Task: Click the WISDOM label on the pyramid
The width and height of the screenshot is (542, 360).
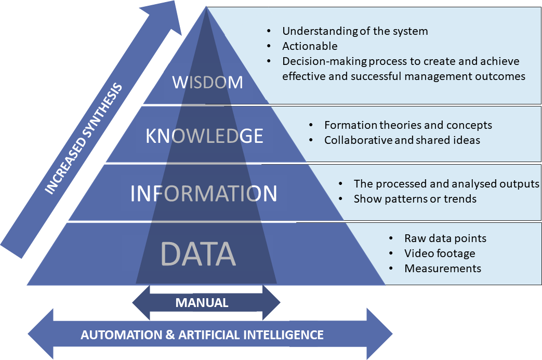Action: coord(207,82)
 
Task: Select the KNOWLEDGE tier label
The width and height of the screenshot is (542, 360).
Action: coord(204,136)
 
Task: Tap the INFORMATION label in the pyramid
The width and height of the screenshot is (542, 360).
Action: coord(204,193)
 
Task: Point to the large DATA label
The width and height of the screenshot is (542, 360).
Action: coord(198,254)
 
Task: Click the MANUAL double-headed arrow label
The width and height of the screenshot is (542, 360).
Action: coord(202,303)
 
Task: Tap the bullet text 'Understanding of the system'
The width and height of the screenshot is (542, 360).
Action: coord(355,31)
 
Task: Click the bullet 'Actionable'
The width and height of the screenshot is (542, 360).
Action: coord(310,46)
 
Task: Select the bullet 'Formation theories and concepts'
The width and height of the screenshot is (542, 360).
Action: coord(408,125)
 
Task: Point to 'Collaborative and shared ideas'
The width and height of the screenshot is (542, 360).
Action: coord(402,140)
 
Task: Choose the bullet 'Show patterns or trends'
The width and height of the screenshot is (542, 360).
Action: coord(415,199)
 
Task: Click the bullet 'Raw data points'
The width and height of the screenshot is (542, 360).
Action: coord(445,238)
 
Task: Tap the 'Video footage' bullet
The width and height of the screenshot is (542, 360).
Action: coord(440,254)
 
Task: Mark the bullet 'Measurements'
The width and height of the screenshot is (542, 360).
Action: coord(443,269)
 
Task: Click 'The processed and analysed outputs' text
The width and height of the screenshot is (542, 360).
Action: coord(446,184)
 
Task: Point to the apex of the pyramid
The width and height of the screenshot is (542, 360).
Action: coord(207,8)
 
